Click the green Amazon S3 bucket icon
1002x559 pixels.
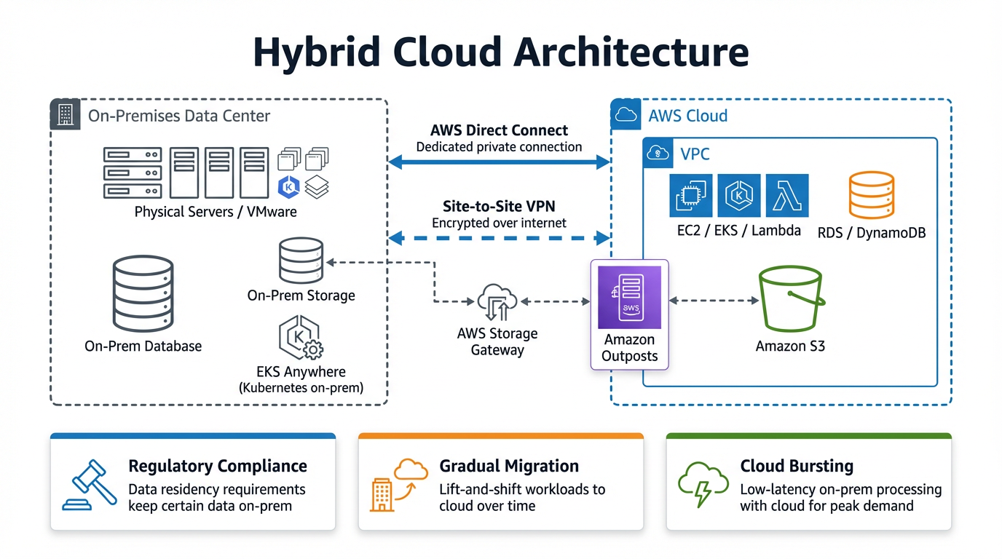click(x=791, y=300)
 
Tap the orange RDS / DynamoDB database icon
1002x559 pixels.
click(x=872, y=196)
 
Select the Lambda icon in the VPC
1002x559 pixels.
click(x=787, y=195)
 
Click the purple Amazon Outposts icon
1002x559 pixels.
click(x=629, y=298)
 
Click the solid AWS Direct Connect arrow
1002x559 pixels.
click(x=499, y=162)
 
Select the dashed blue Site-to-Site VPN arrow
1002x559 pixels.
click(x=499, y=237)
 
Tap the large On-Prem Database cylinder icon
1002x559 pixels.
click(x=143, y=294)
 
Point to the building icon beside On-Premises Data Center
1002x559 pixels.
click(x=65, y=115)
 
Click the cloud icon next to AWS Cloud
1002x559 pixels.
click(x=625, y=115)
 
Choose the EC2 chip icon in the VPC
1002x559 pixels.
click(x=690, y=195)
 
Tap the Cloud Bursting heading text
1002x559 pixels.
click(x=796, y=466)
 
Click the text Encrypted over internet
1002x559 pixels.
click(x=499, y=223)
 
